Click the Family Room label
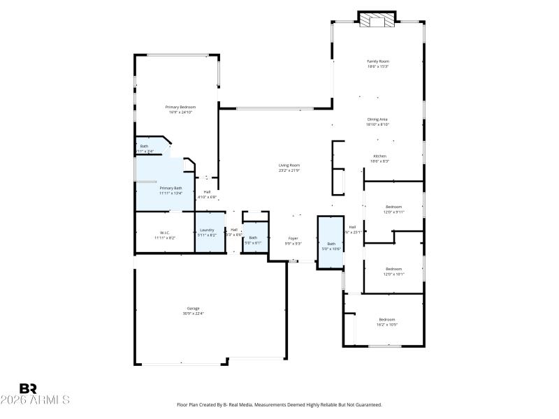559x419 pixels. [378, 61]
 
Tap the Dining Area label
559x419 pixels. [378, 119]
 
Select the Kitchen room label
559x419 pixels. [379, 156]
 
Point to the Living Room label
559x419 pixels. [289, 166]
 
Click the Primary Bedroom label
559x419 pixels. [180, 107]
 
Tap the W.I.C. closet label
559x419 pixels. [165, 233]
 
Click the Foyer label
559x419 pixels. [293, 239]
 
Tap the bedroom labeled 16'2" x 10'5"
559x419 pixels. [387, 321]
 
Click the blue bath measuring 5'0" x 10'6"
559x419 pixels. [331, 244]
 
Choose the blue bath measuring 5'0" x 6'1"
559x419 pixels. [253, 240]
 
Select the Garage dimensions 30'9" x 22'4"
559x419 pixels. [193, 314]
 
